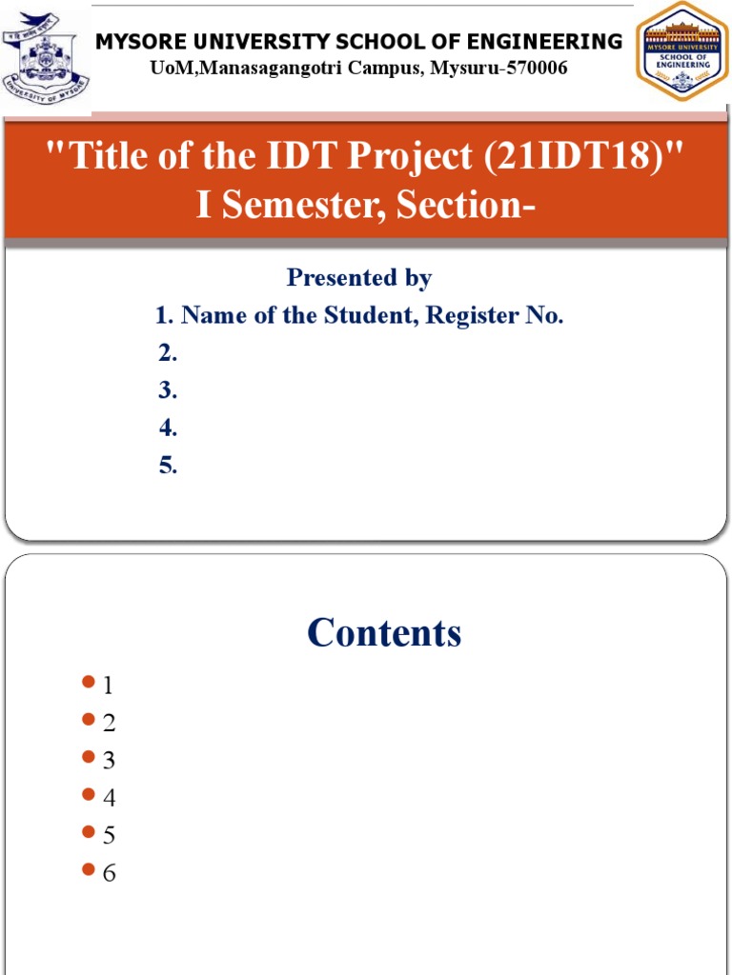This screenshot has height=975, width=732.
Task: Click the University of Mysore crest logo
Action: [45, 60]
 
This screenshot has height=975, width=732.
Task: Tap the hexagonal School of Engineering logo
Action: [681, 51]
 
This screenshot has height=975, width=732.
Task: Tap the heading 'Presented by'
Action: [359, 278]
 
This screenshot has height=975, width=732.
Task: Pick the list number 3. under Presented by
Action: [169, 390]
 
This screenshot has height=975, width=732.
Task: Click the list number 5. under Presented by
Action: [169, 466]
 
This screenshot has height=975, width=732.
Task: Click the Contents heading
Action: [384, 633]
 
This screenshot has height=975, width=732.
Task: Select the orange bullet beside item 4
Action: [89, 794]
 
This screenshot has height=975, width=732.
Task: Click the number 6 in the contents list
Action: [110, 872]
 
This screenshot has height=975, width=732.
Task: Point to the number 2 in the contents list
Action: [110, 723]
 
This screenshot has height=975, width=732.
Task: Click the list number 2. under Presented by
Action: [169, 353]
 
